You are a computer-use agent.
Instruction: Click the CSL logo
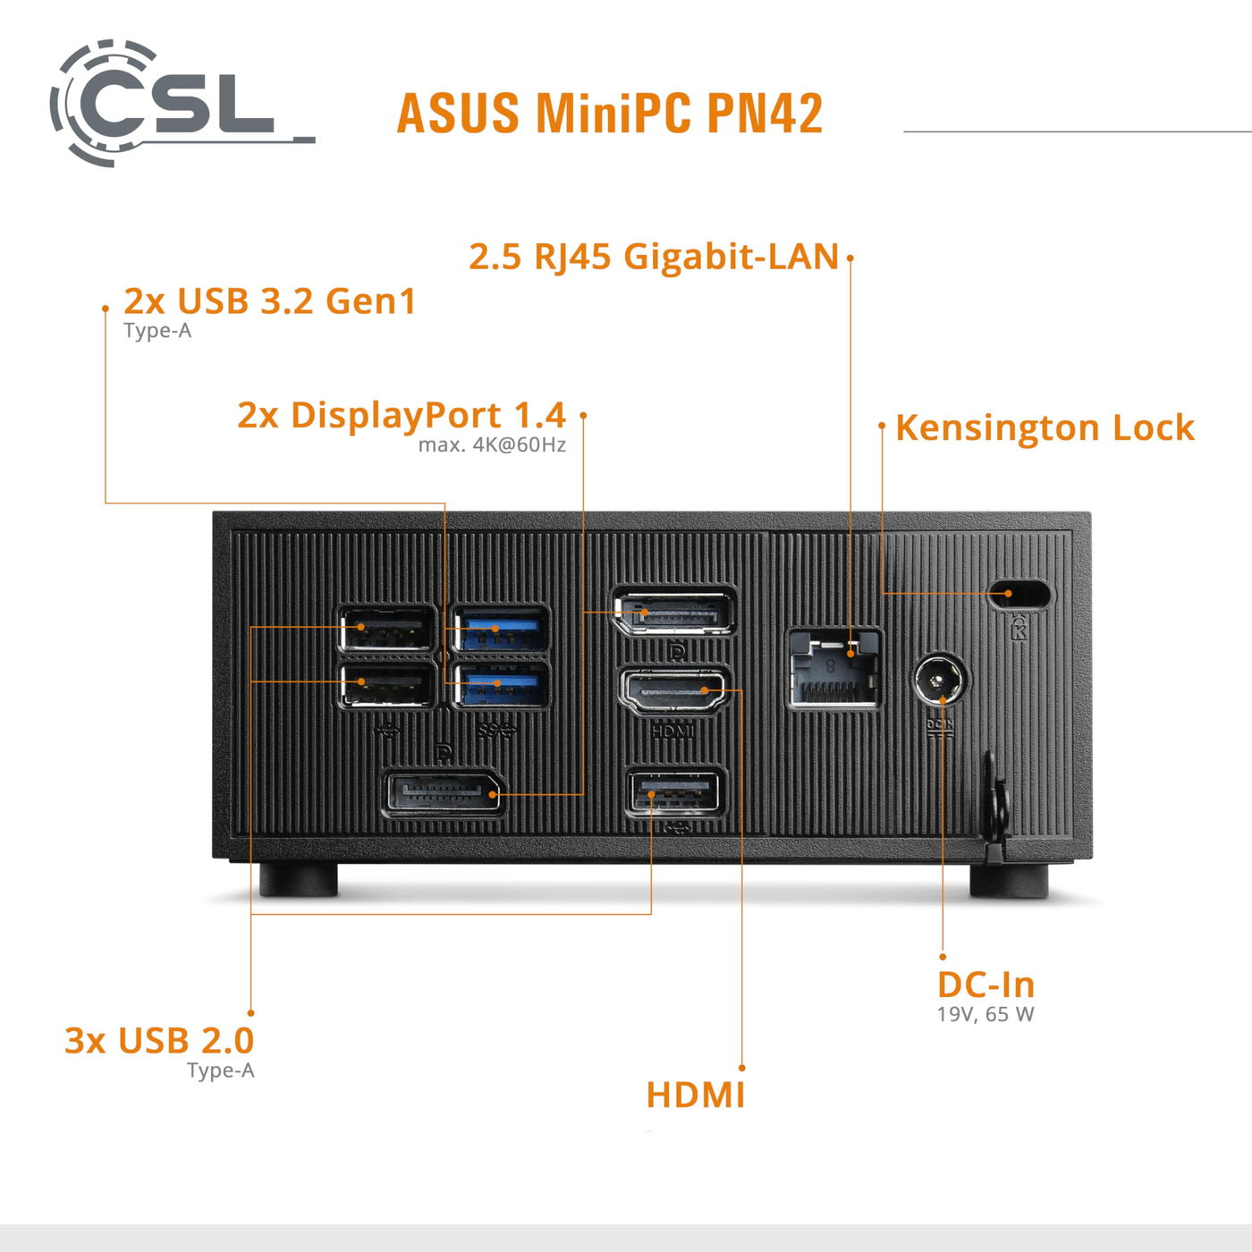coord(170,103)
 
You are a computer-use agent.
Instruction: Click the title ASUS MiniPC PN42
coord(609,114)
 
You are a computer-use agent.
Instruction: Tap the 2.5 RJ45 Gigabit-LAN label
coord(654,257)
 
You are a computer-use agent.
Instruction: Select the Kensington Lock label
coord(1045,427)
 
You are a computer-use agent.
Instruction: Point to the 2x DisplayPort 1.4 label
coord(401,415)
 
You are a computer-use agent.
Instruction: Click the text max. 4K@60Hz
coord(492,445)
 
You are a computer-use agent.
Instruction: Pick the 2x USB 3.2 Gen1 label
coord(270,301)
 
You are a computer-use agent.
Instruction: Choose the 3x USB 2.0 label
coord(159,1041)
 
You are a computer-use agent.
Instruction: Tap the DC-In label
coord(986,985)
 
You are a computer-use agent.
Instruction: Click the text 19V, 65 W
coord(986,1015)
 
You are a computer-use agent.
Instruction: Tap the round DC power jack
coord(939,681)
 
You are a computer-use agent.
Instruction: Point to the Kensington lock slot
coord(1020,594)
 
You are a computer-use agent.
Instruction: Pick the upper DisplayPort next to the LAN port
coord(674,613)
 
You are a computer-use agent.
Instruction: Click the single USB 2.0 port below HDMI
coord(675,792)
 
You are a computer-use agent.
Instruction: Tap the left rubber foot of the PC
coord(299,879)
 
